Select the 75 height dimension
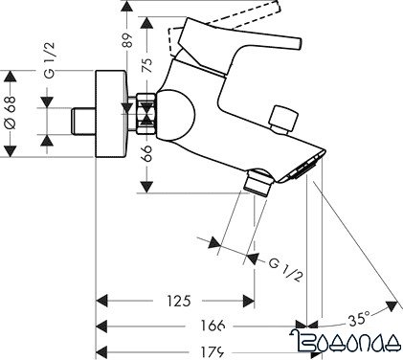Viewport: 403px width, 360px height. coord(146,67)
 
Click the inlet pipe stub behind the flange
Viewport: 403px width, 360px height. coord(85,121)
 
